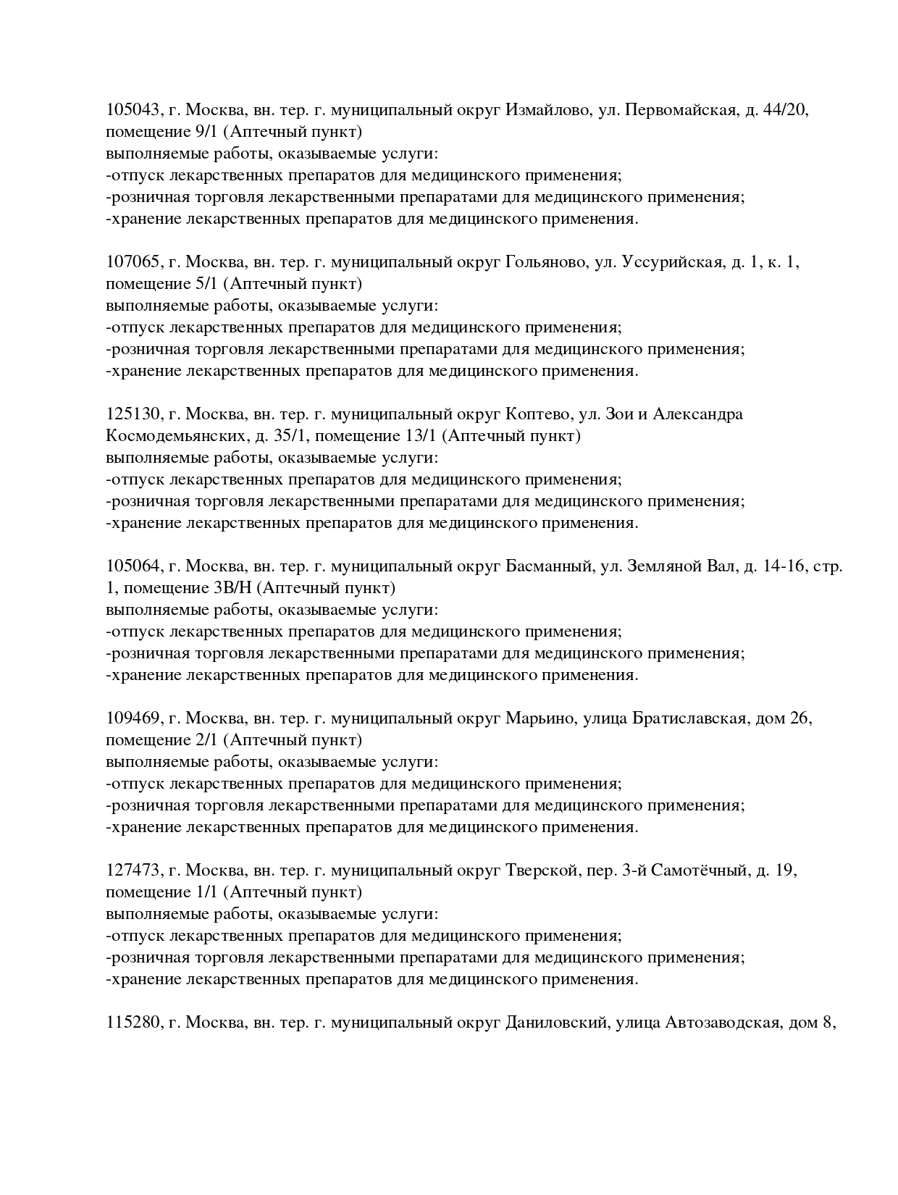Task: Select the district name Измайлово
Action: pyautogui.click(x=547, y=110)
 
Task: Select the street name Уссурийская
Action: pyautogui.click(x=672, y=262)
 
